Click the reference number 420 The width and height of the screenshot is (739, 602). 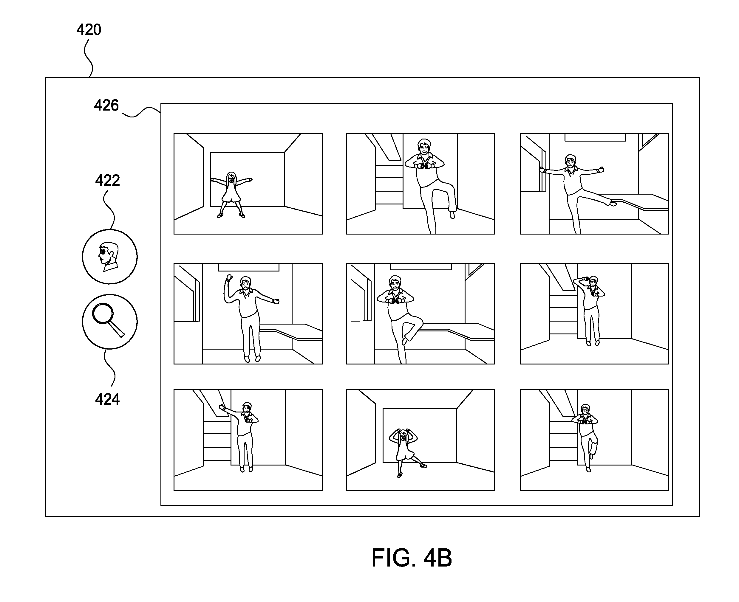click(89, 30)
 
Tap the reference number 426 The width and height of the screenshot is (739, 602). click(106, 105)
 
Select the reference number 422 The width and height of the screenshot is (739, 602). click(108, 180)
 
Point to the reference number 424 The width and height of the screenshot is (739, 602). click(108, 399)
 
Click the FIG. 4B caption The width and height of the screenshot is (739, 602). click(412, 558)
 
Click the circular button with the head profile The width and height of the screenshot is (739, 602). click(110, 257)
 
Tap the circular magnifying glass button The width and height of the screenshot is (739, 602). click(110, 322)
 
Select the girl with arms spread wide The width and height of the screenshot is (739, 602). click(231, 195)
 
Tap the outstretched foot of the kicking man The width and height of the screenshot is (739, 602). click(613, 204)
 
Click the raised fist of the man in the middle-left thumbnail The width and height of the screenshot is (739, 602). click(229, 277)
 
